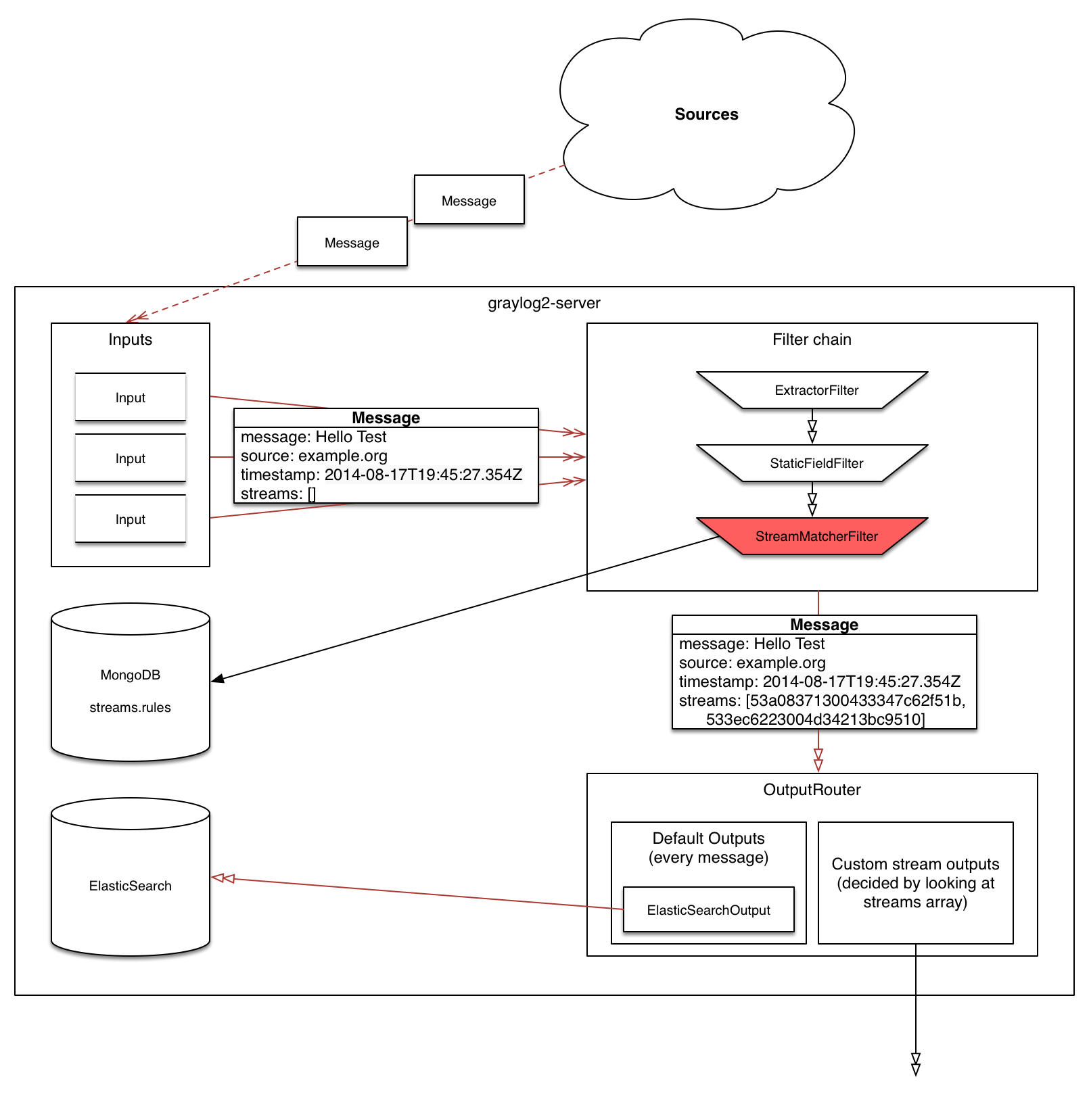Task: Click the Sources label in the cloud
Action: coord(706,114)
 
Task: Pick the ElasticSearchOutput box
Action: coord(708,910)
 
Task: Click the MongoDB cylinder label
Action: coord(130,675)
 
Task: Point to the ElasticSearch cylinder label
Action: coord(130,886)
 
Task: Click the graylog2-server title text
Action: coord(544,303)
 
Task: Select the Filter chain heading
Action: coord(812,339)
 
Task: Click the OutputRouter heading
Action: coord(812,790)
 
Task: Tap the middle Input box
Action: coord(130,458)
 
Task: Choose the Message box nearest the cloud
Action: coord(469,200)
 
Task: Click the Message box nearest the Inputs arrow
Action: coord(352,242)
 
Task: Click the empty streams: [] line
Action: coord(278,494)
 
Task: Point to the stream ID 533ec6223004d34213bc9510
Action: coord(814,719)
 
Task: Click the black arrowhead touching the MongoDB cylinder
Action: coord(218,679)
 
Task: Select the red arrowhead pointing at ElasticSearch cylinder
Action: coord(223,878)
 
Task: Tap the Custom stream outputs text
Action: coord(915,882)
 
